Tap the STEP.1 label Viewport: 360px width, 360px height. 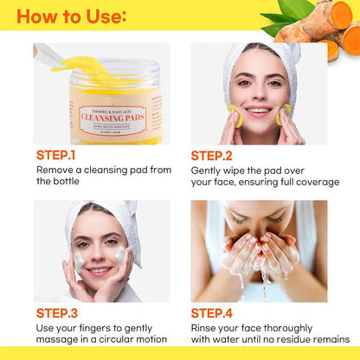(x=56, y=156)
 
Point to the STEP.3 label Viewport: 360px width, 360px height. (x=56, y=312)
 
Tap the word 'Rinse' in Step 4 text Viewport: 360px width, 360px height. (x=208, y=327)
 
